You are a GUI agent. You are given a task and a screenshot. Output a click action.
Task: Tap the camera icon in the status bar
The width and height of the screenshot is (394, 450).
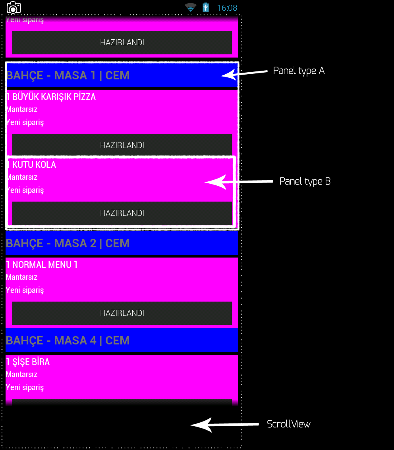tap(14, 7)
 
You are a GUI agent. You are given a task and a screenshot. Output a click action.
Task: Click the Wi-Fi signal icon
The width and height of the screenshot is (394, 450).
tap(191, 7)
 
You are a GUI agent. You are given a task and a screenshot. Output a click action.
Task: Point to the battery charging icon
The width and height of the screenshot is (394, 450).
tap(205, 7)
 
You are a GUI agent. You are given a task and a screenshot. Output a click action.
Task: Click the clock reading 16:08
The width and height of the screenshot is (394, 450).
tap(227, 8)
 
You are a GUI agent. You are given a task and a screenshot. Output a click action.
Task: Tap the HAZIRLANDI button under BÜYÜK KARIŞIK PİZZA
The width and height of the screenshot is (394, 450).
tap(122, 145)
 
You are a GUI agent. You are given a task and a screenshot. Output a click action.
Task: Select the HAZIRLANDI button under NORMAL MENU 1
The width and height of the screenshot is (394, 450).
tap(122, 313)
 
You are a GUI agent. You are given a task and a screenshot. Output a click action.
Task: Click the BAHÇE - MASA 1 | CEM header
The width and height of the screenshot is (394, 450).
tap(68, 75)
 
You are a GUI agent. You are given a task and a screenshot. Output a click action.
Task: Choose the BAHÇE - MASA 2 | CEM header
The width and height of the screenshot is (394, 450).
tap(68, 243)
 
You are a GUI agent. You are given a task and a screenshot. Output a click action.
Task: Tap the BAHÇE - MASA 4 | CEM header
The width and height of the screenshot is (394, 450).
tap(68, 340)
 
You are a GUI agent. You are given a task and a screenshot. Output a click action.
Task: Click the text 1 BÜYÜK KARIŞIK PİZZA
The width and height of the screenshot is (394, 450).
tap(51, 97)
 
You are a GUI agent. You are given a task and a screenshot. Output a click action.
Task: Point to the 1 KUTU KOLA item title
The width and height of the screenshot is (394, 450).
tap(31, 165)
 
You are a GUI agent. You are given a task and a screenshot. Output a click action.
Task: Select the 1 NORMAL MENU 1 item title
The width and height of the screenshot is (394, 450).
tap(42, 265)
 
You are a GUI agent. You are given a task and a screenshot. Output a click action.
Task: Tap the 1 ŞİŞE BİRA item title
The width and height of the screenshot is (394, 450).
tap(28, 362)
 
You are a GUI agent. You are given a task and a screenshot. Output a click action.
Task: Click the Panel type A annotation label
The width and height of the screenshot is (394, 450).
tap(299, 71)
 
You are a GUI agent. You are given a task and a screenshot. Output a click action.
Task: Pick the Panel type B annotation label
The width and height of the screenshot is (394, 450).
tap(305, 181)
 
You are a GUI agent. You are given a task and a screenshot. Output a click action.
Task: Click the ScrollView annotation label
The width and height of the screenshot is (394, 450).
tap(288, 424)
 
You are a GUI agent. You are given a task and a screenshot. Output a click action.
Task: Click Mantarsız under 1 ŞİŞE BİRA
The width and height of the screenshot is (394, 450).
tap(21, 374)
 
